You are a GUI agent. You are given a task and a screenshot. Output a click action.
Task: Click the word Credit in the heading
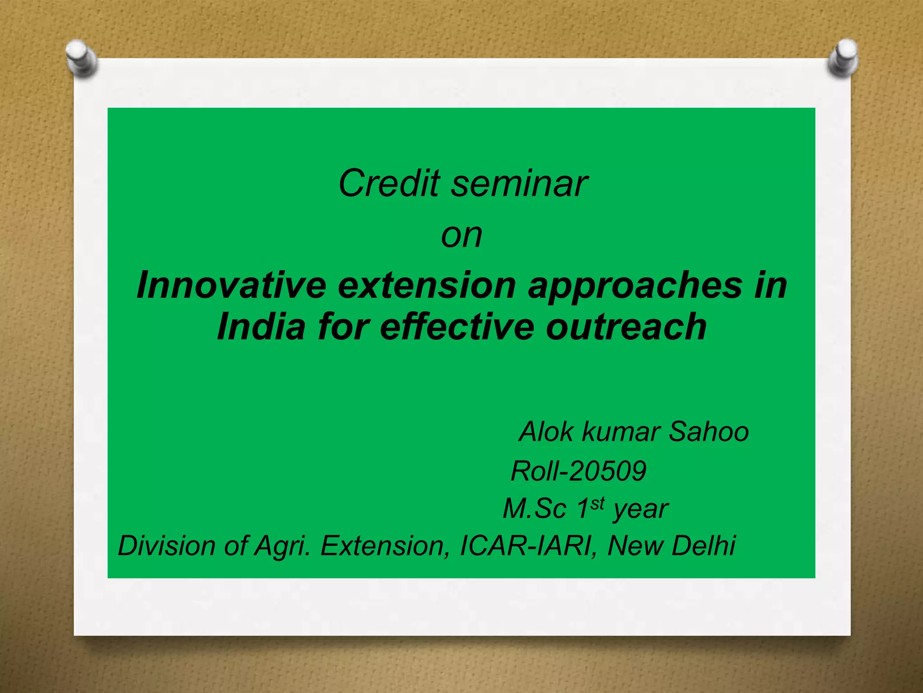388,184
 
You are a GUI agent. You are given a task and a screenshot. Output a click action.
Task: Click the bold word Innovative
231,285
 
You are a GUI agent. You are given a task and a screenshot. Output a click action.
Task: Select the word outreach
626,326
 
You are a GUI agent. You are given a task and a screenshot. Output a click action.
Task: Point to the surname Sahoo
708,432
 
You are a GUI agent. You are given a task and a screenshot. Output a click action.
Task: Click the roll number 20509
608,471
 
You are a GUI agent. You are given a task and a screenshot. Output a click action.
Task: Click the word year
640,510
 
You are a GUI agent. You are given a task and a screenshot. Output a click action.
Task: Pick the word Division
167,546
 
